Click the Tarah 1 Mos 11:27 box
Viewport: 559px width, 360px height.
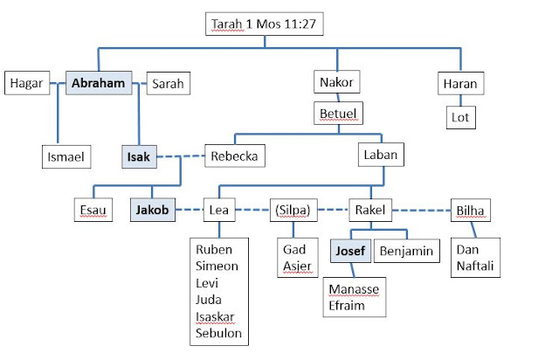click(x=265, y=24)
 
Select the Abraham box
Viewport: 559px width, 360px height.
click(x=102, y=84)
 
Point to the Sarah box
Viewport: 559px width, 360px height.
click(x=168, y=84)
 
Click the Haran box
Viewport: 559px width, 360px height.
click(x=459, y=84)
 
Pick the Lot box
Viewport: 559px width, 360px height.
click(x=459, y=116)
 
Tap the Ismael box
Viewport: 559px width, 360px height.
click(x=67, y=156)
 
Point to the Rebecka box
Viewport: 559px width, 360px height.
click(x=234, y=156)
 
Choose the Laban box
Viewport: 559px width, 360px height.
click(x=379, y=156)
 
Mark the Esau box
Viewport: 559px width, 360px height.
click(x=93, y=210)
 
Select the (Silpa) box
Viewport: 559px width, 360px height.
click(x=295, y=210)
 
